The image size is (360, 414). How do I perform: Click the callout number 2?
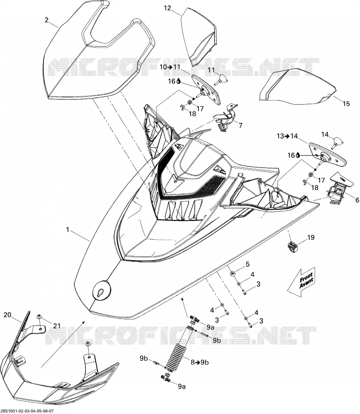(47, 20)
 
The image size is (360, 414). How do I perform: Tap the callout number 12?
(168, 8)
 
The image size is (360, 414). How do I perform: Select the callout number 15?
(346, 104)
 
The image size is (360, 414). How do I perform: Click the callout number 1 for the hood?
(67, 230)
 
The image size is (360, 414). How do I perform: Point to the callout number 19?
(311, 238)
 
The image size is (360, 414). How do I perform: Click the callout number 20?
(7, 315)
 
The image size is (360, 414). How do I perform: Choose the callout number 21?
(57, 326)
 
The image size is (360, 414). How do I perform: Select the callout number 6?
(357, 200)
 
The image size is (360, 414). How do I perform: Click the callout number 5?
(247, 264)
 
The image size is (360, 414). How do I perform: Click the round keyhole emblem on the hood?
(102, 290)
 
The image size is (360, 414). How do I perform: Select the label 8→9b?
(200, 363)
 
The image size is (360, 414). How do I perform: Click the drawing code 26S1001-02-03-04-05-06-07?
(28, 411)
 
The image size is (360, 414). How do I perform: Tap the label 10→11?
(170, 67)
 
